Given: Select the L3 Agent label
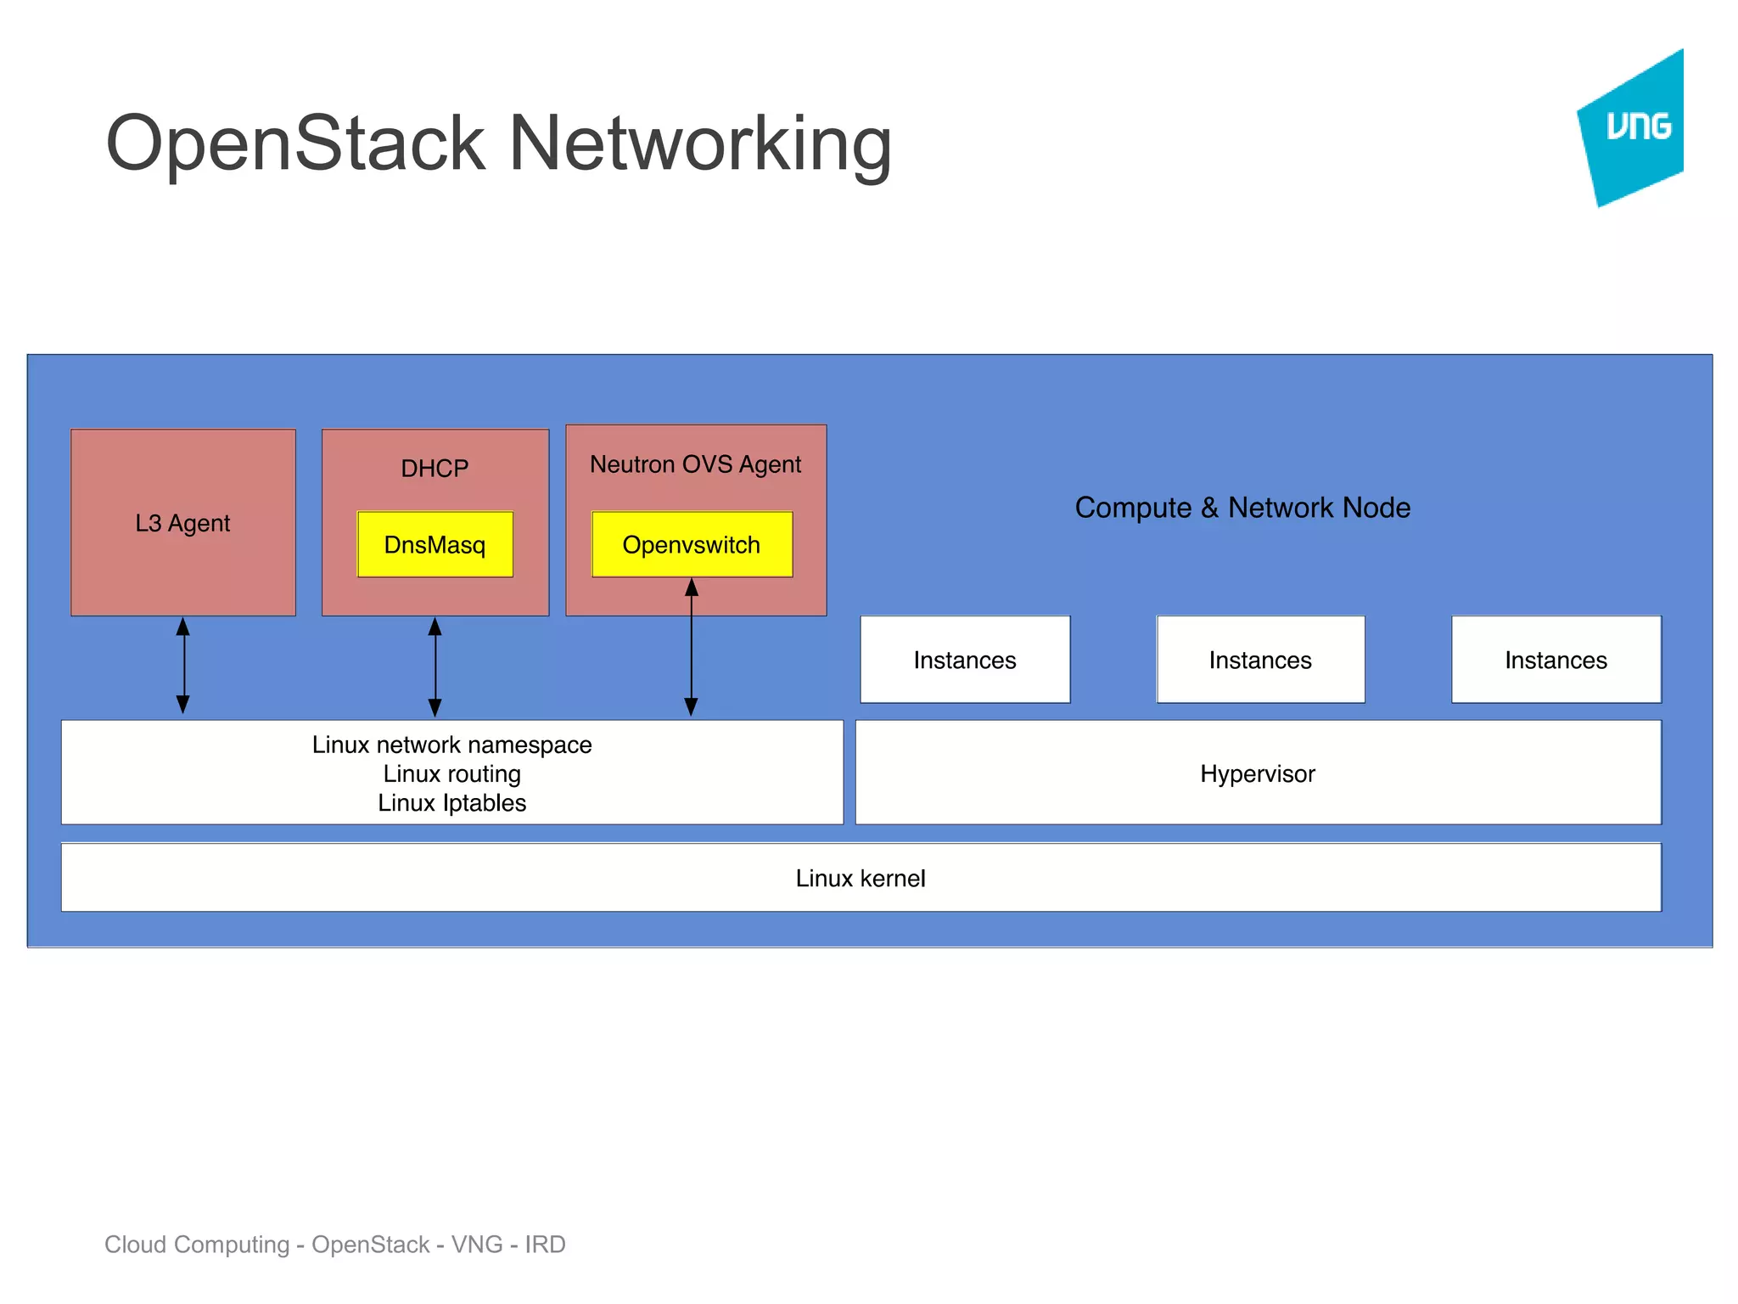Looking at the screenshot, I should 182,523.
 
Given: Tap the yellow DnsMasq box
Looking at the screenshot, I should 434,544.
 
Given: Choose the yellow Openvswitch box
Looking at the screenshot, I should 692,544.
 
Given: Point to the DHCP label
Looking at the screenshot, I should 434,468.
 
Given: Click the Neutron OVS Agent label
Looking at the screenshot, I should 695,464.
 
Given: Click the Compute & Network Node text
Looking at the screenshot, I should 1242,508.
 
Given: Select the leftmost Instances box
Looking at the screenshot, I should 965,660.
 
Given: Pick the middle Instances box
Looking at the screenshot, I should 1260,660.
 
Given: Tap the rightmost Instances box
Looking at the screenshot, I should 1556,660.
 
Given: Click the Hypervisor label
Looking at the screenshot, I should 1258,773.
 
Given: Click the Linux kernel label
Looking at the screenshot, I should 861,878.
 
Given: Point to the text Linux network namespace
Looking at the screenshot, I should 451,745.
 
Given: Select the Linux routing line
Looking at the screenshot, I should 451,773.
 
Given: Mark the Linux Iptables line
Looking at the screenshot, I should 451,802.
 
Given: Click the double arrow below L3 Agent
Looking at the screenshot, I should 182,666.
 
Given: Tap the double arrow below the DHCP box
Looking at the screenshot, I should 434,667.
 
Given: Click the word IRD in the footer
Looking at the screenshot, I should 545,1244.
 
